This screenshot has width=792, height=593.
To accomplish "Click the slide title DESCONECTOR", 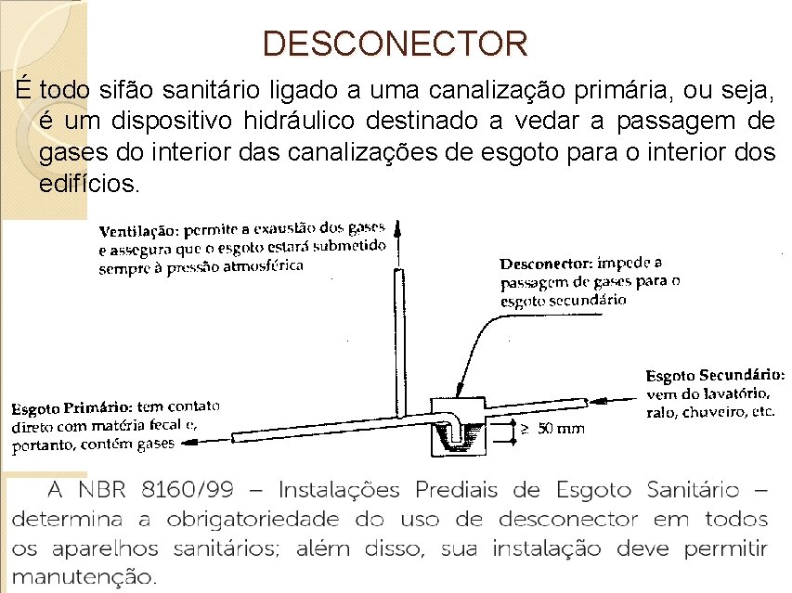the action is (x=395, y=43).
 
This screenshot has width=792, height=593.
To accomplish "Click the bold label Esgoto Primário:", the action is (x=71, y=408).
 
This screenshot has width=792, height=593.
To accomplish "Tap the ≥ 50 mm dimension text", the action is (x=552, y=428).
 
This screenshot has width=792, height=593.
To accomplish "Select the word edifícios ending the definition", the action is (x=90, y=183).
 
